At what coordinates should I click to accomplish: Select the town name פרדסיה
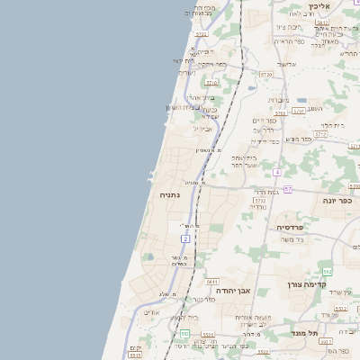(293, 228)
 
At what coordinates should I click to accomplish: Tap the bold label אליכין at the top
(319, 6)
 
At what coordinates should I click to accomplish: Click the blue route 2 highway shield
(184, 238)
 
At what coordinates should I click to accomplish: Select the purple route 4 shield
(278, 171)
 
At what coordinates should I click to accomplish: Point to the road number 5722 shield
(201, 34)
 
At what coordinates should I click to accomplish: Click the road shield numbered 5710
(212, 83)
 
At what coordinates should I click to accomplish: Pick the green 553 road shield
(184, 334)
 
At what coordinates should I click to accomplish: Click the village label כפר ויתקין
(211, 65)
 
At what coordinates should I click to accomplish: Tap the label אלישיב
(287, 64)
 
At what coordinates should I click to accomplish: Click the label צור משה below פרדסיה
(293, 239)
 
